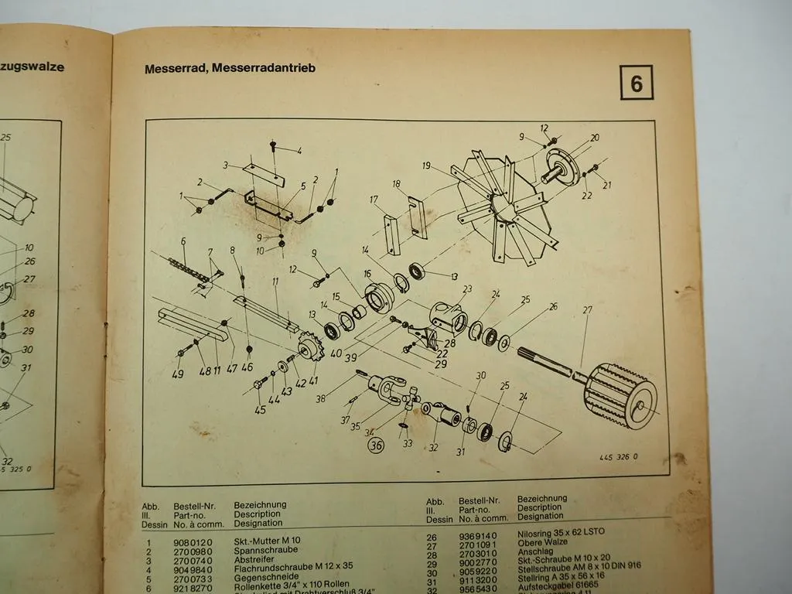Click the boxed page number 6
636,84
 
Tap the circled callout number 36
377,445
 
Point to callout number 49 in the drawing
179,375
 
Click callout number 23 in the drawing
466,290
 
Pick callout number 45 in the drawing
260,410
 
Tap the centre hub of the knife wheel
501,203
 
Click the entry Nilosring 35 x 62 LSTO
564,534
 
